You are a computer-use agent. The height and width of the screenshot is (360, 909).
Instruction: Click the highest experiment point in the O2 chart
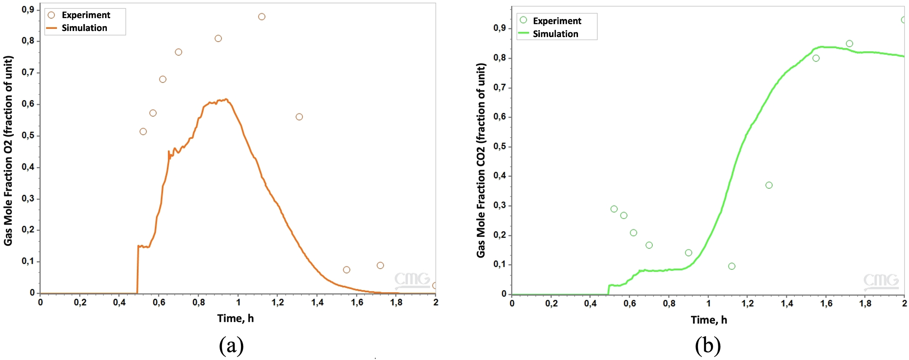tap(262, 17)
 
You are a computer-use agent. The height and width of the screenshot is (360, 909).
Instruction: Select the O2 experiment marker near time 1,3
tap(299, 117)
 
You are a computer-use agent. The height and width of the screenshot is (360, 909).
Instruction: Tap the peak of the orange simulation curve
tap(226, 99)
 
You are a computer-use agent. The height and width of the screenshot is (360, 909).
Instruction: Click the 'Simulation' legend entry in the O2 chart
tap(84, 28)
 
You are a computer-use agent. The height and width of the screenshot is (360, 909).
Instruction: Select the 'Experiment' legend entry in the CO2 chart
tap(557, 21)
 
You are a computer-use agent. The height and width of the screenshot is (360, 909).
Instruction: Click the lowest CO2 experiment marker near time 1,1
tap(732, 266)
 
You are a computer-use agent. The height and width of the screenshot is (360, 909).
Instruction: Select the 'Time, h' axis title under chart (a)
tap(235, 318)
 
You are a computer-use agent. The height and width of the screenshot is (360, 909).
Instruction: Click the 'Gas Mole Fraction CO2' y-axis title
tap(481, 161)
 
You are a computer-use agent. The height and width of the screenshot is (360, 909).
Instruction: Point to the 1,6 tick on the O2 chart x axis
tap(357, 302)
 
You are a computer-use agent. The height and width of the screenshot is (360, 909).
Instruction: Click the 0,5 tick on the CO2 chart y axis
tap(499, 146)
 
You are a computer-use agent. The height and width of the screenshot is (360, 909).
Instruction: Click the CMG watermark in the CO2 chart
tap(881, 281)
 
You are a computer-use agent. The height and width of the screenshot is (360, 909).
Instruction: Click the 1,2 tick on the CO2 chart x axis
tap(747, 304)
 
